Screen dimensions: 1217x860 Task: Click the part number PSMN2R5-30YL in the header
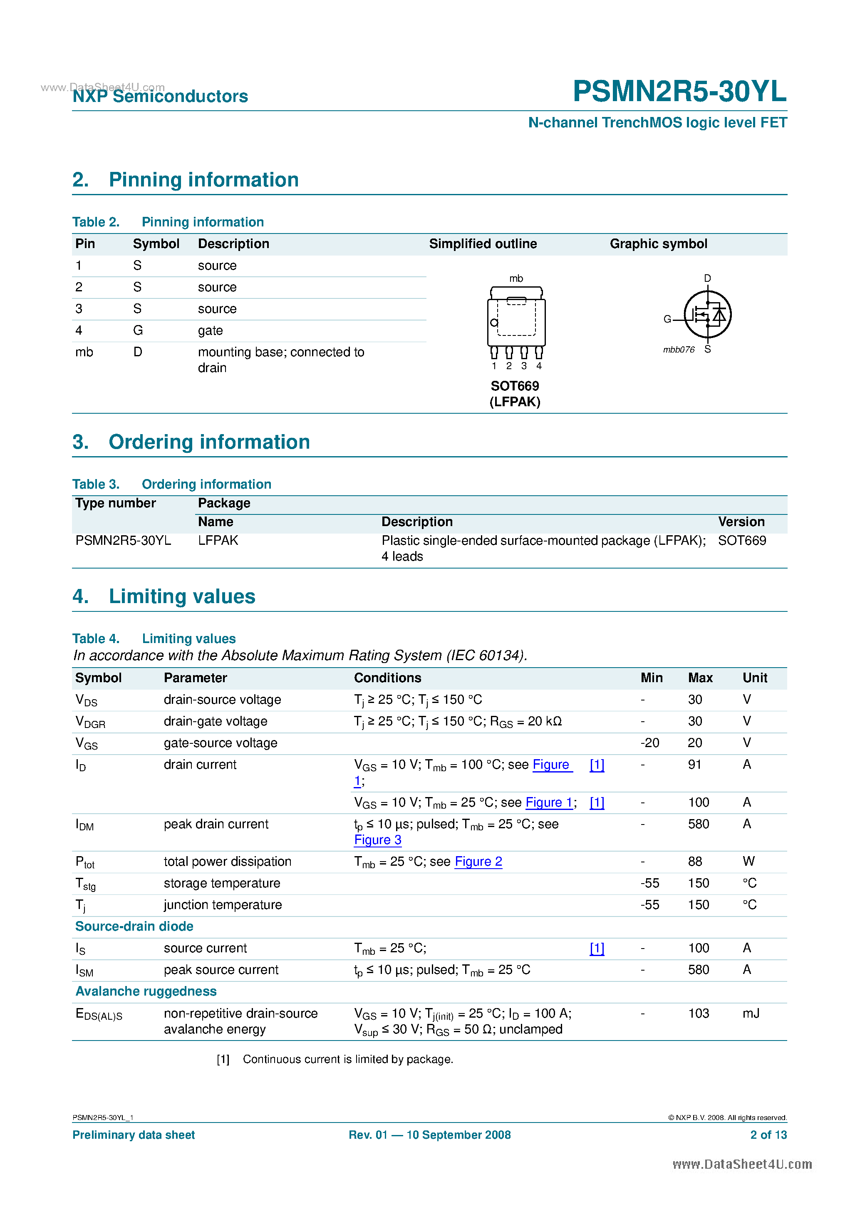coord(679,91)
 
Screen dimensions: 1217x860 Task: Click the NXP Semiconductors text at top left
coord(160,97)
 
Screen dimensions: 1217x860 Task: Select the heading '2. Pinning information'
coord(186,180)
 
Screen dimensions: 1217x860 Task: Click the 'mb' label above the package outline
coord(516,278)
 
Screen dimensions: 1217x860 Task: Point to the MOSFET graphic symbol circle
coord(707,314)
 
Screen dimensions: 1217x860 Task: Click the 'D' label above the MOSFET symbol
coord(707,278)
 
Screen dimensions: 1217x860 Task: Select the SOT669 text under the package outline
coord(515,386)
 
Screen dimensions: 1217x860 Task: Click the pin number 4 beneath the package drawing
coord(539,366)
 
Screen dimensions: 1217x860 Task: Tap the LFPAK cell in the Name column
coord(218,540)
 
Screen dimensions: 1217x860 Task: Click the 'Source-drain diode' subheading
coord(134,926)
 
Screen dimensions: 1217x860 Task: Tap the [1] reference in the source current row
coord(597,948)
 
